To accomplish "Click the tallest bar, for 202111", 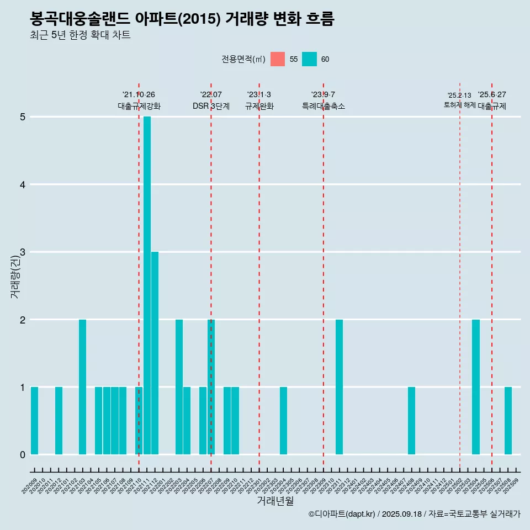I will (x=147, y=285).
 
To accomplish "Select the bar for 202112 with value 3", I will (x=155, y=353).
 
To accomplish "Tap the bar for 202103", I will (x=82, y=387).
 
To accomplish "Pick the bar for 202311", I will (x=339, y=387).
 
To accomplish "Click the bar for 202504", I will (x=476, y=387).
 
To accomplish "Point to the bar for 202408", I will (x=411, y=421).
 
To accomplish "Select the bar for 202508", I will (x=508, y=421).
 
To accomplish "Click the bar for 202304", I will (x=283, y=421).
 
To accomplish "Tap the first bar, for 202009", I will (x=34, y=421).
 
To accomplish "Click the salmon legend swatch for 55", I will (x=278, y=59).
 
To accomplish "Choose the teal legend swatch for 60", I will (x=309, y=59).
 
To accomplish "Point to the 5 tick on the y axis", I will (x=23, y=117).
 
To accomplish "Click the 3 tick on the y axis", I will (x=23, y=252).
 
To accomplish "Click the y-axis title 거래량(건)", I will (x=15, y=276).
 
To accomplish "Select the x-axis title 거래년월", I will (x=275, y=501).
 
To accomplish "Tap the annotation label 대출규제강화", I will (x=139, y=106).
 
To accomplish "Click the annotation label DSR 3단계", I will (x=211, y=106).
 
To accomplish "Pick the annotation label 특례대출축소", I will (x=324, y=106).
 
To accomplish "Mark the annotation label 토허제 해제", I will (x=459, y=104).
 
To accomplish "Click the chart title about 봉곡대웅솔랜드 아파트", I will (x=182, y=19).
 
